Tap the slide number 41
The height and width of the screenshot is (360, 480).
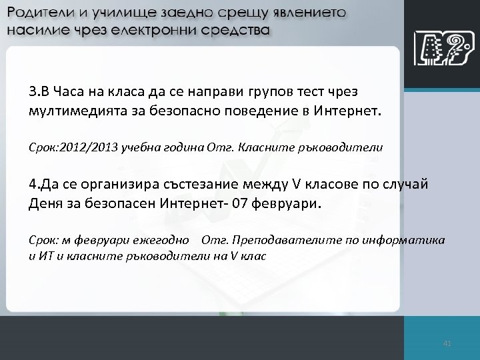pyautogui.click(x=447, y=343)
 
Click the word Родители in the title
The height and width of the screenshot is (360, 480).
pyautogui.click(x=37, y=14)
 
